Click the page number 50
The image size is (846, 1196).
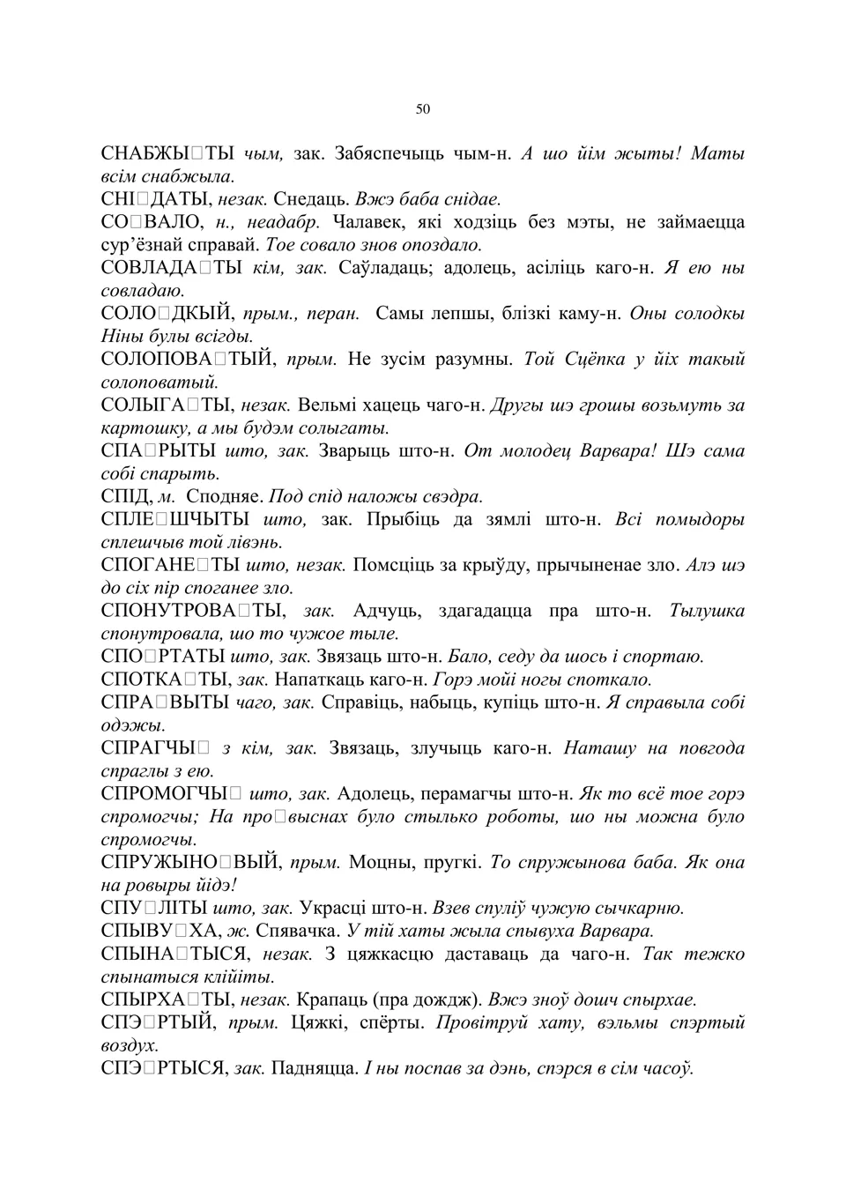click(x=422, y=109)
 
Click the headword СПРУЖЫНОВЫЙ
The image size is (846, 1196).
click(x=191, y=862)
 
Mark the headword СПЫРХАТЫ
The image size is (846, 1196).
click(x=166, y=999)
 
